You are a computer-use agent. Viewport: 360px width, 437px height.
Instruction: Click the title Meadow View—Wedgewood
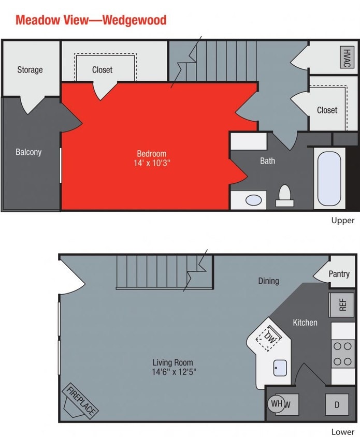pos(91,20)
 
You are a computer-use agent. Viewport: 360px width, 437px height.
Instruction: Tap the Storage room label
pos(30,70)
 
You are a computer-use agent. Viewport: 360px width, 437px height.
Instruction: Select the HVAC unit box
pos(345,57)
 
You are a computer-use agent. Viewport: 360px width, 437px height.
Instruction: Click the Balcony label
pos(28,152)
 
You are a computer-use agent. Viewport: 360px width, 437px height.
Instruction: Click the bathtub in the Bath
pos(329,178)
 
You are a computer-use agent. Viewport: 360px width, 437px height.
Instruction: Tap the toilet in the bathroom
pos(284,196)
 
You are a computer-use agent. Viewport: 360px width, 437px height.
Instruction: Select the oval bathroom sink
pos(253,200)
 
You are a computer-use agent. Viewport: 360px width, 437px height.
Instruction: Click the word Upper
pos(343,221)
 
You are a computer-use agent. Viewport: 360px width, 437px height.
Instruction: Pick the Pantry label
pos(339,274)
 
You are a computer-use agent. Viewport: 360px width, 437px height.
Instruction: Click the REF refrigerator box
pos(342,304)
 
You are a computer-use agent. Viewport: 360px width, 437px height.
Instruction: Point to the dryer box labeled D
pos(337,404)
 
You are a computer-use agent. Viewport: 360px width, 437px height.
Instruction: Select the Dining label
pos(268,281)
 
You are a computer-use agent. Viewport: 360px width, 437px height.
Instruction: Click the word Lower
pos(343,431)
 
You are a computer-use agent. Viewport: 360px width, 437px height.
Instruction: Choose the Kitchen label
pos(305,323)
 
